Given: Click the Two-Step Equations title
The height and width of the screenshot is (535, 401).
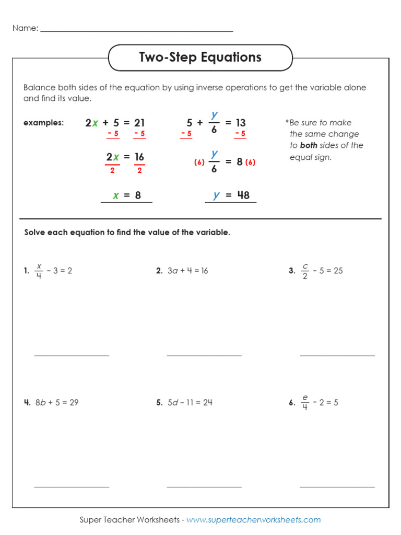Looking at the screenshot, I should (x=200, y=57).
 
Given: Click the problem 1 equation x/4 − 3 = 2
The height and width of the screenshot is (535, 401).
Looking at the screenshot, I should (x=53, y=271).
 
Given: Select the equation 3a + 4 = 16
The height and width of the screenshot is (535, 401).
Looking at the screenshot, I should (x=187, y=271).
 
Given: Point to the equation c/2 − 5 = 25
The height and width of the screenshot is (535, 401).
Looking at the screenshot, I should (x=322, y=271).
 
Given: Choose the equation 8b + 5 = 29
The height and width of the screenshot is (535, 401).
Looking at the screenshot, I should (x=57, y=402).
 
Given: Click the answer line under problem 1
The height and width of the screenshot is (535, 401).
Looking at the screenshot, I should (x=72, y=355).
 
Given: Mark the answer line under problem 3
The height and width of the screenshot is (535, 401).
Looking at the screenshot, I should (x=337, y=355).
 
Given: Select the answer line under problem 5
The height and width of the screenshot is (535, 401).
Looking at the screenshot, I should (x=204, y=486).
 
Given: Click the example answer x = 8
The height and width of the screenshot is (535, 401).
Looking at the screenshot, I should (x=127, y=195).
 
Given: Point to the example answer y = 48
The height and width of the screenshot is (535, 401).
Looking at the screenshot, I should (x=231, y=195).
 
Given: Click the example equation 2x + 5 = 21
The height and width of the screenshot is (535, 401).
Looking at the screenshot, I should (x=115, y=123).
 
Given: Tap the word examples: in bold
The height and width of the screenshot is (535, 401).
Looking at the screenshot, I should (x=43, y=123).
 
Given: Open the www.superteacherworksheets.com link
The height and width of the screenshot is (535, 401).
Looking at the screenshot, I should (x=254, y=520).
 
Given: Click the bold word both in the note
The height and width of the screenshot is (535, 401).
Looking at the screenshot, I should (x=309, y=146).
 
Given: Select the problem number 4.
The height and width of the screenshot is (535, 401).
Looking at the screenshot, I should (x=27, y=402).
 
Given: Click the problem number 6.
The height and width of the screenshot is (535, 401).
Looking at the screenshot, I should (x=292, y=402).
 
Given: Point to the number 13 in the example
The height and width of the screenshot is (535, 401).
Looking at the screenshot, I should (x=240, y=123).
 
